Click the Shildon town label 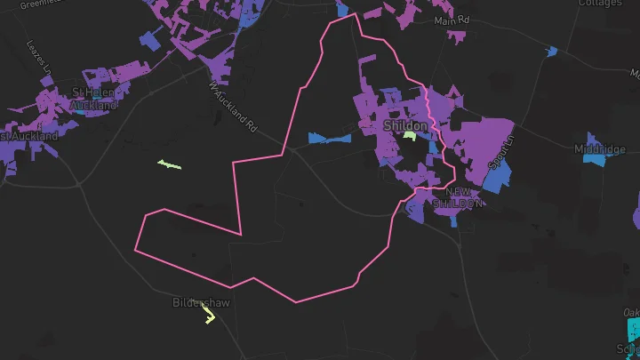pyautogui.click(x=405, y=126)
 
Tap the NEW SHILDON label pyautogui.click(x=459, y=197)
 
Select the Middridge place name pyautogui.click(x=600, y=149)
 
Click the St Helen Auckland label pyautogui.click(x=95, y=99)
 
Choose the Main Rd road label pyautogui.click(x=452, y=20)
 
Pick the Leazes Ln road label pyautogui.click(x=40, y=55)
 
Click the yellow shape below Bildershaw pyautogui.click(x=210, y=316)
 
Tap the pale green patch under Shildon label pyautogui.click(x=410, y=136)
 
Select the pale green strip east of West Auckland pyautogui.click(x=169, y=164)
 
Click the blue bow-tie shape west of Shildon pyautogui.click(x=329, y=138)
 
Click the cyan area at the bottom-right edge pyautogui.click(x=632, y=331)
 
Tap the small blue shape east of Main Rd pyautogui.click(x=552, y=52)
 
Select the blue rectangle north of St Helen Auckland pyautogui.click(x=151, y=41)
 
